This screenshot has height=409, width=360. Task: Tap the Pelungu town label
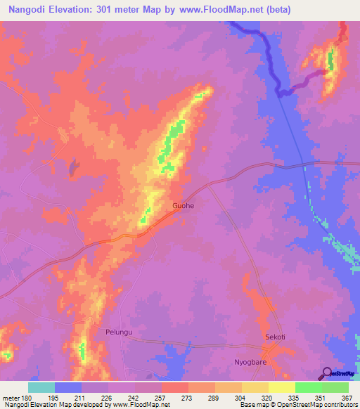pyautogui.click(x=119, y=331)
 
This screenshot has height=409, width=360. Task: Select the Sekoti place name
pyautogui.click(x=274, y=337)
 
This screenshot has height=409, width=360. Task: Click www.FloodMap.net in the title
pyautogui.click(x=220, y=11)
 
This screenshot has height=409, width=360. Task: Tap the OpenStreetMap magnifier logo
pyautogui.click(x=328, y=372)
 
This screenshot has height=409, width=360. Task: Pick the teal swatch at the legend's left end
pyautogui.click(x=41, y=387)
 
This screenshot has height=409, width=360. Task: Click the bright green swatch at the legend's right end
pyautogui.click(x=335, y=387)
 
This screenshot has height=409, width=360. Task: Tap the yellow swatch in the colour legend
pyautogui.click(x=281, y=387)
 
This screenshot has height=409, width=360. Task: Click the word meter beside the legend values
pyautogui.click(x=10, y=398)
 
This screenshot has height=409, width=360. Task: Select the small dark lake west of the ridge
pyautogui.click(x=72, y=167)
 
